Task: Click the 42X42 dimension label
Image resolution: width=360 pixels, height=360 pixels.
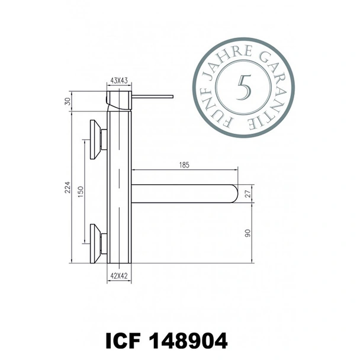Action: [x=119, y=275]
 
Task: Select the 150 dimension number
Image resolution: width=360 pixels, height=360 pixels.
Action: [x=82, y=192]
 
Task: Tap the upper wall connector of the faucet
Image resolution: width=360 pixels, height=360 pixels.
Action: [x=97, y=140]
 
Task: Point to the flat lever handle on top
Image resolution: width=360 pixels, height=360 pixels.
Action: [x=151, y=95]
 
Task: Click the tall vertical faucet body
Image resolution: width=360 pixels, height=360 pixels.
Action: [x=119, y=189]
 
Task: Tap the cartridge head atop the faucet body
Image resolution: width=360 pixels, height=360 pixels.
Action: [x=118, y=99]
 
